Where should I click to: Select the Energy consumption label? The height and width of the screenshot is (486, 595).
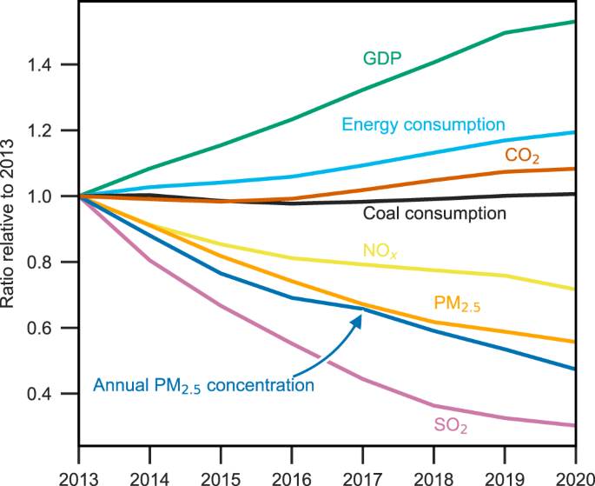click(x=424, y=124)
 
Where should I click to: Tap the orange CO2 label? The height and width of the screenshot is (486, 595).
click(x=524, y=156)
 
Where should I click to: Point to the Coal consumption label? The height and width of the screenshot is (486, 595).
click(x=434, y=213)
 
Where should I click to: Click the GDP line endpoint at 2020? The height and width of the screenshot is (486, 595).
click(x=575, y=21)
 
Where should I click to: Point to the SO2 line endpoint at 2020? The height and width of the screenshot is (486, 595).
click(x=575, y=425)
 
